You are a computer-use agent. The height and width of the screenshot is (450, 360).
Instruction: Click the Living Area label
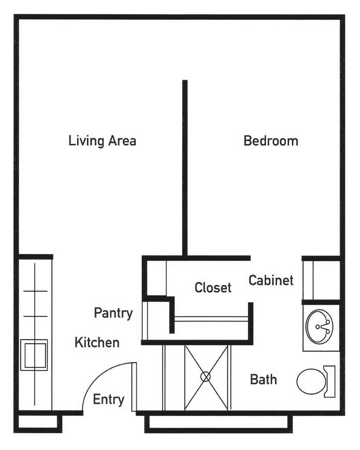tap(102, 141)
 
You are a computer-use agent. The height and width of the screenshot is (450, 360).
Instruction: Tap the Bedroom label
tap(271, 141)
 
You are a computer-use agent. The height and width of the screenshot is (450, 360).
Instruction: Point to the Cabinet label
tap(271, 280)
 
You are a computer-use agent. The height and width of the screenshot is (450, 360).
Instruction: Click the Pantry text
tap(113, 313)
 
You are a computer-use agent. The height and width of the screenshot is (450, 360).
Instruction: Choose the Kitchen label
tap(97, 342)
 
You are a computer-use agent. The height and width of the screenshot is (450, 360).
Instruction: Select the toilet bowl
tap(311, 381)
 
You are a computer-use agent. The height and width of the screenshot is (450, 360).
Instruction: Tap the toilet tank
tap(330, 381)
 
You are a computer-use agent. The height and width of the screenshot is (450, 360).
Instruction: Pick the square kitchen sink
tap(34, 355)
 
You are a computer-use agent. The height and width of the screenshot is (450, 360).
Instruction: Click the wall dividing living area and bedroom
tap(185, 168)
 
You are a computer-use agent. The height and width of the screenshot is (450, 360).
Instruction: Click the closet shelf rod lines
tap(211, 319)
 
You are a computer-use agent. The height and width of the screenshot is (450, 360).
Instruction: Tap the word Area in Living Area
tap(122, 141)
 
